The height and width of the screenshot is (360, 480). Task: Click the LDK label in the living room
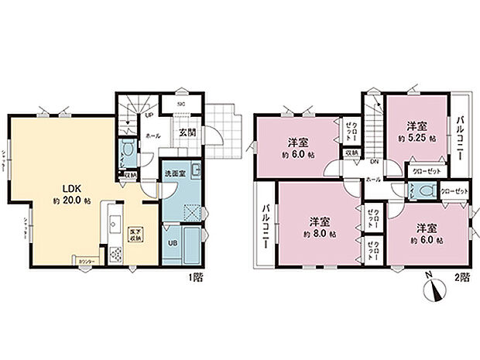(62, 187)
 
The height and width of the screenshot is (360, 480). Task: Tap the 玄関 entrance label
(188, 132)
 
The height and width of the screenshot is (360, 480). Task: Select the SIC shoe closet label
(180, 103)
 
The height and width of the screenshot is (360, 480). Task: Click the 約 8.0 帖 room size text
(317, 231)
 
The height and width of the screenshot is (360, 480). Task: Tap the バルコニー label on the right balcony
(461, 136)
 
